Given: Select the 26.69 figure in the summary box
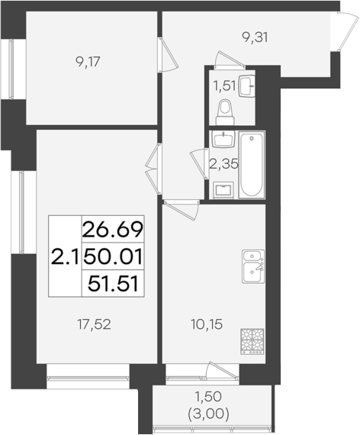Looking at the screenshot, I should pos(113,227).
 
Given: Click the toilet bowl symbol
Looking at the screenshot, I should pos(226,112).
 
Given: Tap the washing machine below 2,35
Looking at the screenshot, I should pos(223,188).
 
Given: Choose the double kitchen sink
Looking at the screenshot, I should pos(252,266).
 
